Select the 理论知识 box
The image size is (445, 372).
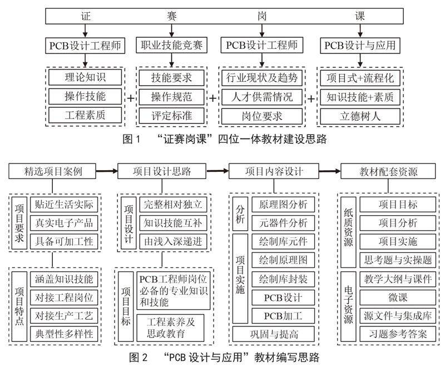[85, 77]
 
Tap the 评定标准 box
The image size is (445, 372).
[171, 116]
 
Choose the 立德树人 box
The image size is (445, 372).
[359, 116]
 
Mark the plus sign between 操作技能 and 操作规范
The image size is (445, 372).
[131, 97]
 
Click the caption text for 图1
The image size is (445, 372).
[222, 139]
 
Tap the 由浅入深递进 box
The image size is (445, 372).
[171, 241]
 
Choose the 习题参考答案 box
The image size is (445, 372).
[397, 334]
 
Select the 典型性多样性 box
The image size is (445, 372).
[64, 334]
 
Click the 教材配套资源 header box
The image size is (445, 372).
[388, 171]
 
